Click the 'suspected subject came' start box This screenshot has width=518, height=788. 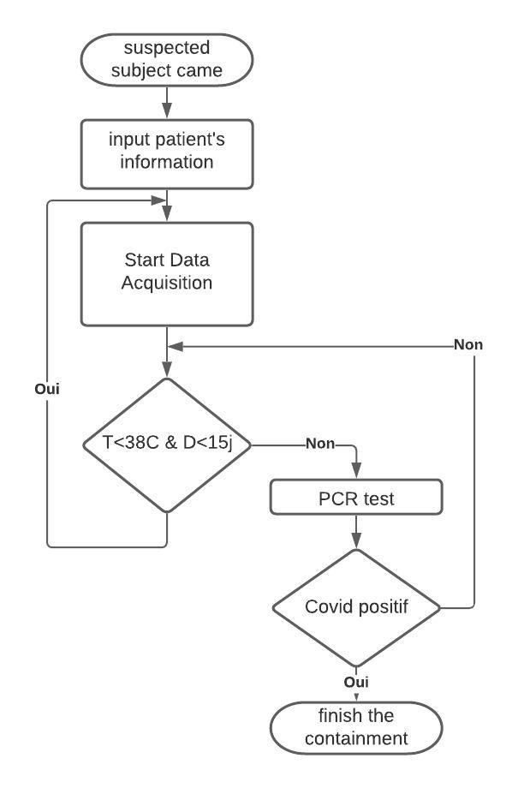point(167,59)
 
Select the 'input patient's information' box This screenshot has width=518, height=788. point(167,153)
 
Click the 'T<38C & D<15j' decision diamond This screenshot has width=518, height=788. point(167,445)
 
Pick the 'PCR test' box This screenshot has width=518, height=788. point(356,498)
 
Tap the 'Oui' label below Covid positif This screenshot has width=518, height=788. point(356,682)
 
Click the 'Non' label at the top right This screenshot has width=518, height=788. point(468,345)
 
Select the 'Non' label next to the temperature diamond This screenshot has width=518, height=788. point(320,445)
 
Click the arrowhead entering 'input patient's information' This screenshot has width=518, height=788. point(167,111)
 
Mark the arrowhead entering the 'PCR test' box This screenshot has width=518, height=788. point(356,473)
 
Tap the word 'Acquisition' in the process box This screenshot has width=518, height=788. point(167,284)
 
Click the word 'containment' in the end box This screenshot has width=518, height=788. point(356,738)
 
